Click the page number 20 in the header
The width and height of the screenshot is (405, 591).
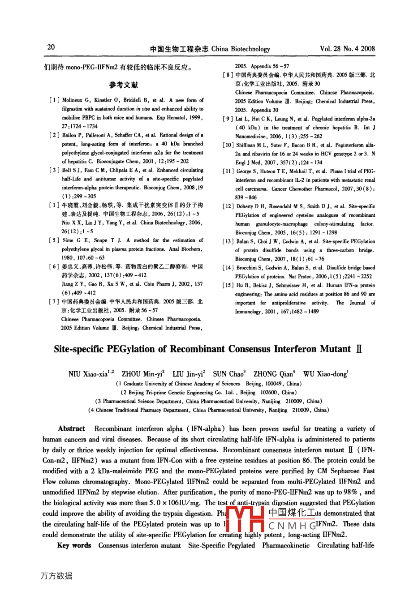click(x=51, y=47)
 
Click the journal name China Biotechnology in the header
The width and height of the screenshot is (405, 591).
click(x=241, y=49)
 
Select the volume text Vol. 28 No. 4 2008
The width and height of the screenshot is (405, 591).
click(x=347, y=49)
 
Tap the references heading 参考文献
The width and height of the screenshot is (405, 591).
click(x=124, y=85)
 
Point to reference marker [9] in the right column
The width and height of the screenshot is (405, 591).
click(x=228, y=119)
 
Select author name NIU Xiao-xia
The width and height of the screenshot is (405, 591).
click(x=87, y=374)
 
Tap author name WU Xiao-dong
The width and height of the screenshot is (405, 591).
click(x=324, y=374)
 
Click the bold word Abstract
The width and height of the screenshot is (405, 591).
click(x=71, y=428)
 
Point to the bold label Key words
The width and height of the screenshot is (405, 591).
click(x=74, y=545)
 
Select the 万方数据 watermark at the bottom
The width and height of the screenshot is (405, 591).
click(x=56, y=576)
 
